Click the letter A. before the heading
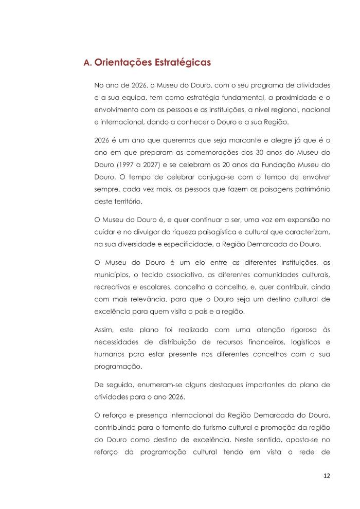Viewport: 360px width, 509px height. tap(87, 63)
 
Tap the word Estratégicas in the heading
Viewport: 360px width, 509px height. tap(182, 63)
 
